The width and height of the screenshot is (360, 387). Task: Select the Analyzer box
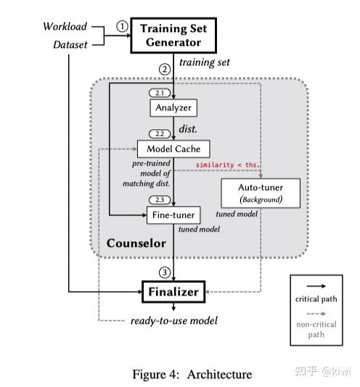[173, 108]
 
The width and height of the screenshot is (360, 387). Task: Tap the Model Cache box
[173, 149]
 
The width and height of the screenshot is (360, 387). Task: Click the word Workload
[65, 26]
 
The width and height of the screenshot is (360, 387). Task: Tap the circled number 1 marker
[122, 26]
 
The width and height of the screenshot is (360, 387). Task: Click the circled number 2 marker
[165, 69]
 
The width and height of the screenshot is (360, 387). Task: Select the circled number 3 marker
[165, 274]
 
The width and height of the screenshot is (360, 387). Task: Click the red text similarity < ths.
[228, 165]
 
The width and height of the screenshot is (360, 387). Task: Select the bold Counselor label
[136, 243]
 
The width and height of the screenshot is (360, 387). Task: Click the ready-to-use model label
[173, 320]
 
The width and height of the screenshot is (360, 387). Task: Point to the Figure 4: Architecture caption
[192, 374]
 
